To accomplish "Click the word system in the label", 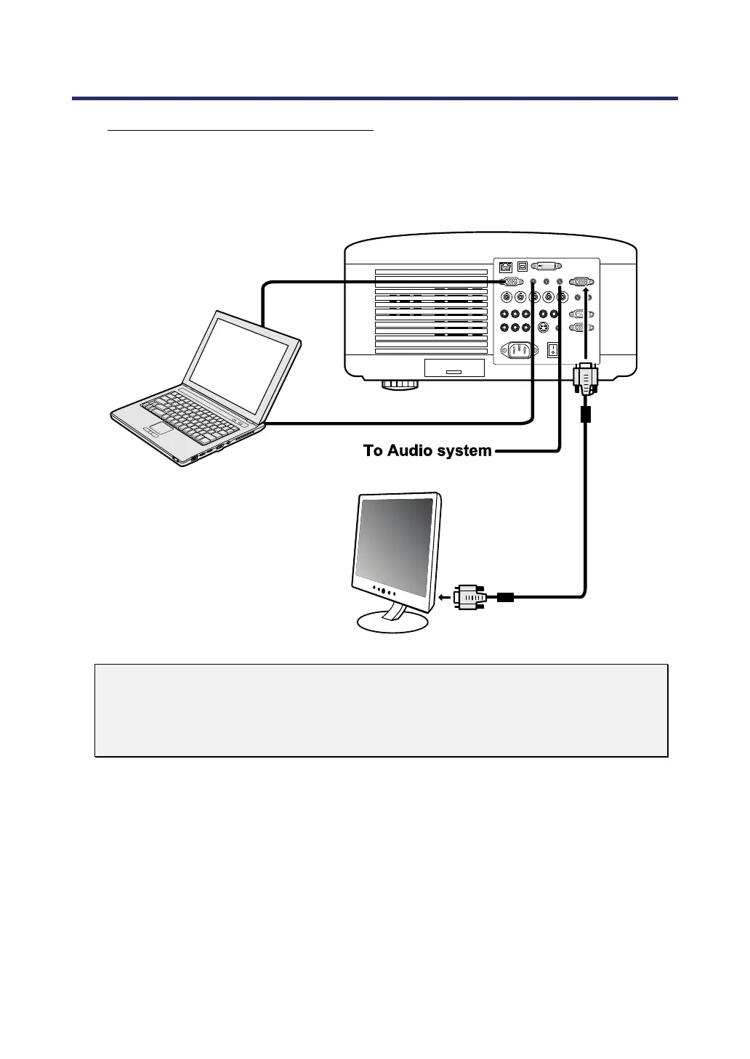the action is pos(464,451).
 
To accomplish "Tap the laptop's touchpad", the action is pos(161,428).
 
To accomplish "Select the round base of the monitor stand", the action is pos(393,622).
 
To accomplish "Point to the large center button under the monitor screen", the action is pos(383,591).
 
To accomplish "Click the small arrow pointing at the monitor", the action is pos(443,598).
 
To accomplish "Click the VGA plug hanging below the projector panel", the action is pos(585,379).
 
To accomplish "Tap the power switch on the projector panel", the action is pos(553,350).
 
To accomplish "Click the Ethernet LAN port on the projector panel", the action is pos(506,266).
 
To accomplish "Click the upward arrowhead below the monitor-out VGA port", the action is pos(585,291).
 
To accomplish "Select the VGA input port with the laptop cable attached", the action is pos(511,282).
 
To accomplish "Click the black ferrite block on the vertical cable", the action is pos(585,415).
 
